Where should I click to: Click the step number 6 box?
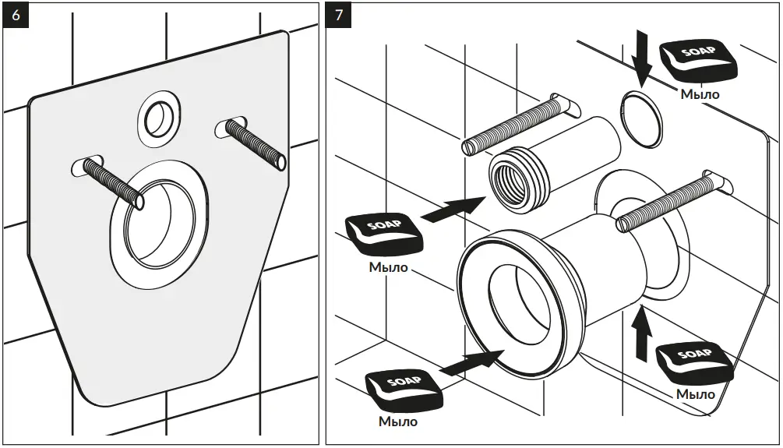tap(16, 16)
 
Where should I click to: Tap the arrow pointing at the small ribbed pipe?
tap(451, 208)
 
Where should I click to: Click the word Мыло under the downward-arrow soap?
tap(700, 94)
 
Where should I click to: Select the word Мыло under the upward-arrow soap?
tap(695, 394)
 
